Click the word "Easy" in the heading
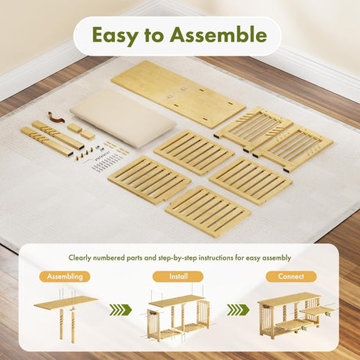[115, 35]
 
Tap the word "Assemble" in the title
[218, 34]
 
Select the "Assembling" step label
[65, 276]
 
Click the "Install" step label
[178, 276]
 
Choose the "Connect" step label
[291, 276]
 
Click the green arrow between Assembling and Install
[121, 310]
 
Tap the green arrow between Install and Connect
[238, 310]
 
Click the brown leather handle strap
[56, 117]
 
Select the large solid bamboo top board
[178, 95]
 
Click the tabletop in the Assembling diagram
[66, 302]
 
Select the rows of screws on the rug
[104, 163]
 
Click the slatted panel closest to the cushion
[194, 153]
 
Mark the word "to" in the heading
[153, 36]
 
